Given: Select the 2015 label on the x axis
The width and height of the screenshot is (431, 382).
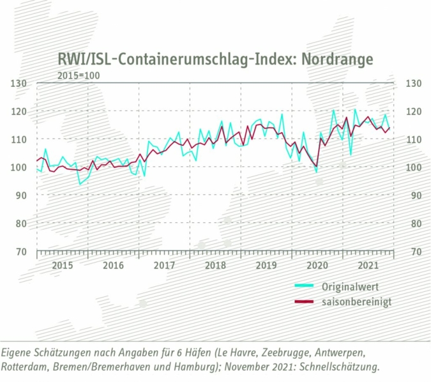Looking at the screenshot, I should point(62,264).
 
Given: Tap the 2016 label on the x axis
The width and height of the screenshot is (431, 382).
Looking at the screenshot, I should point(113,264).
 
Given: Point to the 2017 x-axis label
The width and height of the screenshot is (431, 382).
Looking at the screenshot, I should point(164,264).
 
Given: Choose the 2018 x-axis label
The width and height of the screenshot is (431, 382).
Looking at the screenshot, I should point(215,264).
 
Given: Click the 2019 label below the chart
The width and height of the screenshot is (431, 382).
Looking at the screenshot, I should point(266,264).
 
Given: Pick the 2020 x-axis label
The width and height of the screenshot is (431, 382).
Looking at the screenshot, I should point(317,264).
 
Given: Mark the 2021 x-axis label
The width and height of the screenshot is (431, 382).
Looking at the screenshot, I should point(368,264).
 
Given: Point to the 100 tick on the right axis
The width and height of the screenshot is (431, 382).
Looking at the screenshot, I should point(413,167).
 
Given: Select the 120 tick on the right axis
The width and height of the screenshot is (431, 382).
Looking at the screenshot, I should point(413,112).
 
